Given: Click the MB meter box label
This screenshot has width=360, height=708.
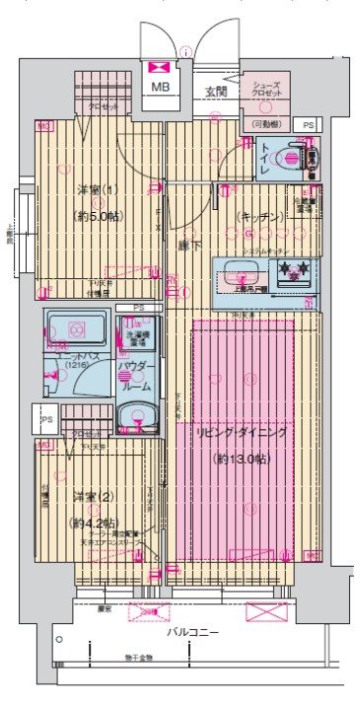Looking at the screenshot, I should pos(159,88).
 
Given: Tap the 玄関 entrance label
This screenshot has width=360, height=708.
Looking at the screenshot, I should pos(215,92).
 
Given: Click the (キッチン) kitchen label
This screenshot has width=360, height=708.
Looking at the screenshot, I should pos(261,215).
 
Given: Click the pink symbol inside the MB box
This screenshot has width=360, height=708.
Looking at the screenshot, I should pos(159,67).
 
